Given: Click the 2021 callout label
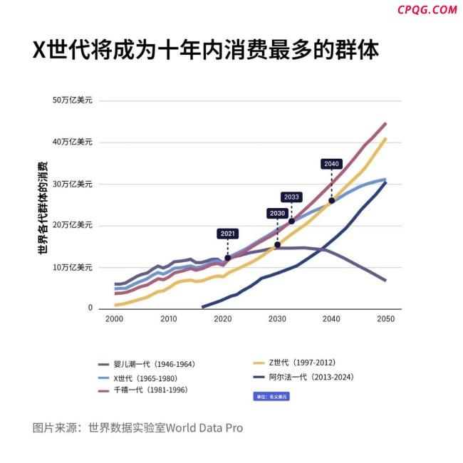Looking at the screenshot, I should pos(227,233).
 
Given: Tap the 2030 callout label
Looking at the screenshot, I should pos(277,213).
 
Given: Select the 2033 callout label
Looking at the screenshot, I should pos(291,197).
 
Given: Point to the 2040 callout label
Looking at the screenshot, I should pos(331,164).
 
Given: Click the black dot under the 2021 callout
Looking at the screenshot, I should pos(227,258).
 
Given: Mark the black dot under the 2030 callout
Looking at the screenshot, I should pos(277,245).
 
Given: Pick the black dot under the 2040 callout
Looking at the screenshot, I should pos(331,201).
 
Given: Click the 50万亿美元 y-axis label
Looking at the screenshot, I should pos(73,100).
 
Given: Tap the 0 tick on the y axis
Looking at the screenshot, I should pos(90,308).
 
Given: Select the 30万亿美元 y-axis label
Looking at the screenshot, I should pos(73,184).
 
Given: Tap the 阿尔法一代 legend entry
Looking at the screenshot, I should pos(312,378).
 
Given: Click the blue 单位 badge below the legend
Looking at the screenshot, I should pos(271,396).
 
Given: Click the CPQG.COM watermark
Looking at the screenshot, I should pos(427,10).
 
